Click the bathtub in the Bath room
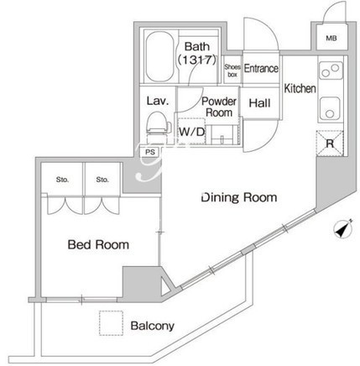159,56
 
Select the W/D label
192,131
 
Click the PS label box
150,152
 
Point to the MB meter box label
331,38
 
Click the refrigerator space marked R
330,144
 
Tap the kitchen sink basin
330,108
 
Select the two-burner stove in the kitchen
331,71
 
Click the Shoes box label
232,71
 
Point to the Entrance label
261,68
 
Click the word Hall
259,103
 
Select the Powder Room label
219,107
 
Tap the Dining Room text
239,197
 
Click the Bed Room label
98,244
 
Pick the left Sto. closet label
62,180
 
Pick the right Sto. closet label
102,180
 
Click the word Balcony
153,326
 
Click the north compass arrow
343,230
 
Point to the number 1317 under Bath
197,60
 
